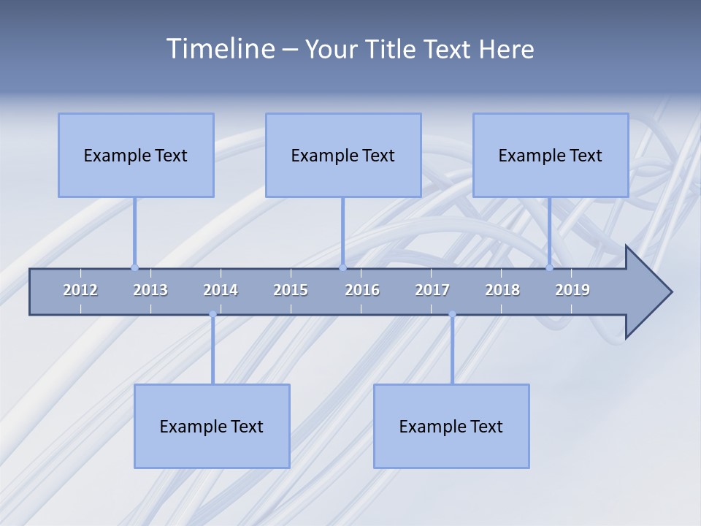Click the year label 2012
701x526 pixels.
click(x=80, y=290)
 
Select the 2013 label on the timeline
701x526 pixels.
click(x=150, y=290)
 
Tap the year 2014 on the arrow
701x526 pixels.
click(x=221, y=290)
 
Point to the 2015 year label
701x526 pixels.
click(x=291, y=290)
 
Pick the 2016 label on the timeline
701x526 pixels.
click(x=362, y=290)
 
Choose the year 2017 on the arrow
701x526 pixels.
click(x=432, y=290)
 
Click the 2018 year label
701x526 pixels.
click(x=502, y=290)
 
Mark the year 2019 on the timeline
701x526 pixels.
click(x=572, y=290)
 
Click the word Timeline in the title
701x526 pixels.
click(x=219, y=49)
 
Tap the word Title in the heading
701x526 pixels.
click(x=391, y=49)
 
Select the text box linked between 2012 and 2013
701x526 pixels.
click(x=136, y=155)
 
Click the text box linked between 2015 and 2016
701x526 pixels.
click(x=343, y=155)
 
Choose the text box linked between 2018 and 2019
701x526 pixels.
click(x=551, y=155)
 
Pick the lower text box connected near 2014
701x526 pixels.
click(x=212, y=426)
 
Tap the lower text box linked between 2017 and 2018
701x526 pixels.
click(x=451, y=426)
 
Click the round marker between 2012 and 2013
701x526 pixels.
click(x=134, y=267)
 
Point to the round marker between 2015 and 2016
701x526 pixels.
click(x=342, y=267)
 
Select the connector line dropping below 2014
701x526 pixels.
click(x=212, y=351)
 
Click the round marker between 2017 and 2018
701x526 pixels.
click(x=452, y=314)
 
